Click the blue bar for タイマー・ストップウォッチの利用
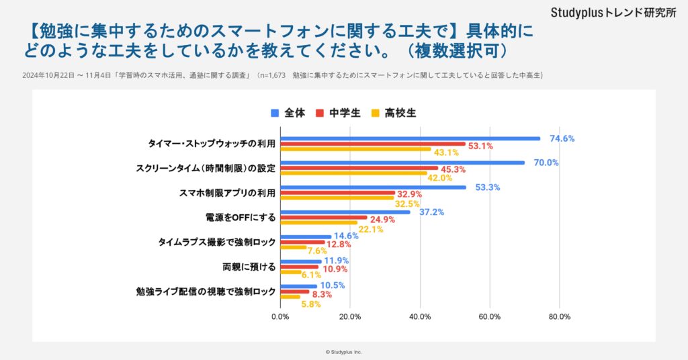pos(410,138)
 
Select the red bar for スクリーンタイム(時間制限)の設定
pos(359,168)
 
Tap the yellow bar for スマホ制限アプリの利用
pos(337,198)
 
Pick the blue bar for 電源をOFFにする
pos(345,212)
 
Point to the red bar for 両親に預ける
pos(299,267)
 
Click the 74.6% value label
pos(562,139)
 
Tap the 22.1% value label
pos(371,229)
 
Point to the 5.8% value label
pos(311,304)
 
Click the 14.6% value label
pos(346,236)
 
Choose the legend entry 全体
pos(288,113)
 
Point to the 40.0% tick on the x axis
pos(420,316)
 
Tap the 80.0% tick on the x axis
pos(560,316)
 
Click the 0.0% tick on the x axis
pos(280,316)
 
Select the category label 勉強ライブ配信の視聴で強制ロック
pos(206,291)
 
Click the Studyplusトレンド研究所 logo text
pos(613,13)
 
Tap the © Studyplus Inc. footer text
pos(343,351)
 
